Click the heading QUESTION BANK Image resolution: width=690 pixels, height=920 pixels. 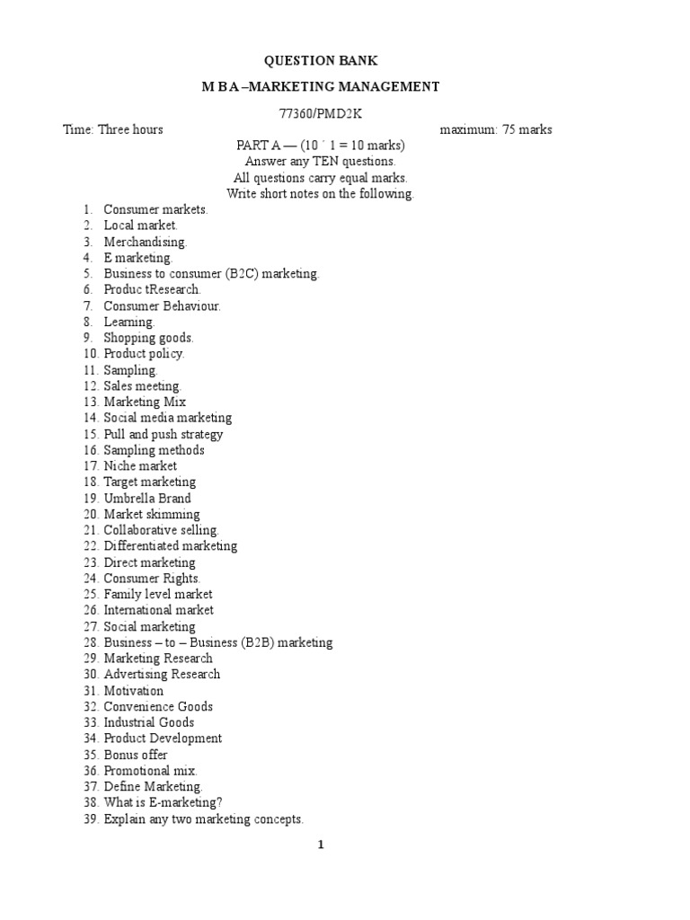(x=320, y=61)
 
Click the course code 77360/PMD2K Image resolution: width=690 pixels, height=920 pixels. (x=321, y=113)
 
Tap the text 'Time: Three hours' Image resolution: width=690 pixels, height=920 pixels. (x=113, y=129)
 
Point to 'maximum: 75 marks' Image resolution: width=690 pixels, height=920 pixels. (x=496, y=129)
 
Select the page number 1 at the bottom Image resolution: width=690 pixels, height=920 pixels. (x=320, y=845)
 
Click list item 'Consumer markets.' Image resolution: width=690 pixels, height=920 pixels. (x=155, y=209)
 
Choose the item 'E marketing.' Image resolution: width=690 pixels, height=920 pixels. (x=137, y=258)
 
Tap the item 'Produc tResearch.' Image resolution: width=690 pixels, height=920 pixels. (x=152, y=289)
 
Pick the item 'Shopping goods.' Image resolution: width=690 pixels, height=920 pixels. (x=148, y=338)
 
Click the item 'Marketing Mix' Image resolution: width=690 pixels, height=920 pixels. (x=145, y=402)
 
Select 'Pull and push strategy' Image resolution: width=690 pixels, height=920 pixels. (x=164, y=434)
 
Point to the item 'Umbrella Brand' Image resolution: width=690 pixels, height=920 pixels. (x=147, y=498)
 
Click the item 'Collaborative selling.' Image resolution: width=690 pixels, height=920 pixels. (x=161, y=530)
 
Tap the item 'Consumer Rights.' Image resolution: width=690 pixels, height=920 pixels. (x=152, y=579)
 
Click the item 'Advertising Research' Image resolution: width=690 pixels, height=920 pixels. (x=162, y=674)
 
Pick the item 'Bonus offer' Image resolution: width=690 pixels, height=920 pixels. (x=136, y=755)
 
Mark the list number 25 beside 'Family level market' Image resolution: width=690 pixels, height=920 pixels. (x=91, y=595)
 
